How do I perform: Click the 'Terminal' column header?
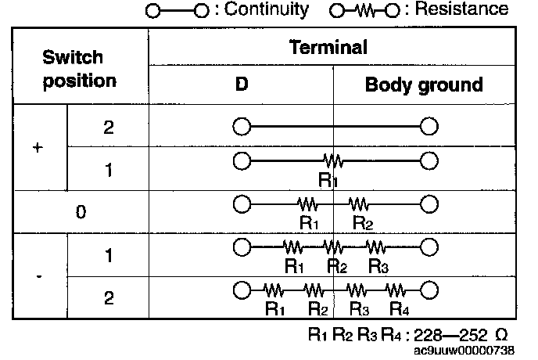pyautogui.click(x=328, y=47)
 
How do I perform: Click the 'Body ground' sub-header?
pyautogui.click(x=423, y=85)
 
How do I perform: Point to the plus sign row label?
pyautogui.click(x=38, y=147)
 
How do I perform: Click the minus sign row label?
pyautogui.click(x=38, y=276)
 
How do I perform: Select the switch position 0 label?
pyautogui.click(x=80, y=211)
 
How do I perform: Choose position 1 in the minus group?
pyautogui.click(x=108, y=255)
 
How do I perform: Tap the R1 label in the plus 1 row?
pyautogui.click(x=328, y=180)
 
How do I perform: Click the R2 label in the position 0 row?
pyautogui.click(x=362, y=222)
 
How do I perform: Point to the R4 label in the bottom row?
pyautogui.click(x=399, y=308)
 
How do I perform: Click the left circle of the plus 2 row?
pyautogui.click(x=242, y=127)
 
